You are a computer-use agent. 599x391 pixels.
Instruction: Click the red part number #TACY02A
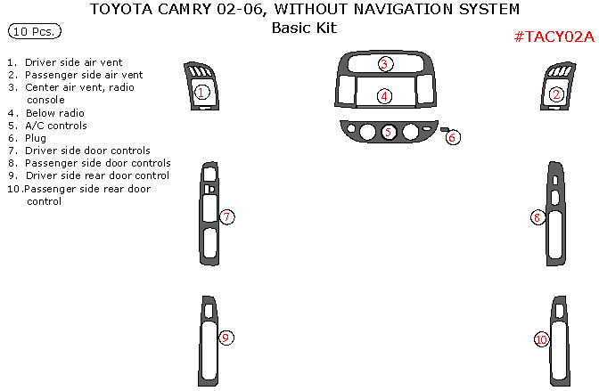[x=553, y=37]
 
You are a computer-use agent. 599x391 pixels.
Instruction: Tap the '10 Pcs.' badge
[x=35, y=31]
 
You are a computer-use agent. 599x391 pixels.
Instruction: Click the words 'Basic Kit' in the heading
[x=304, y=28]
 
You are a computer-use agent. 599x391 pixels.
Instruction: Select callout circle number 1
[x=202, y=92]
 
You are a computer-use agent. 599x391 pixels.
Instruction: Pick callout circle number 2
[x=556, y=94]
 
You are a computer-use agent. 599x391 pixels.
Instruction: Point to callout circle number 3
[x=384, y=64]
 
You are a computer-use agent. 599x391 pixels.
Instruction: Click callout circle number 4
[x=384, y=95]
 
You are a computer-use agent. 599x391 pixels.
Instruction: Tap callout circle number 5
[x=389, y=132]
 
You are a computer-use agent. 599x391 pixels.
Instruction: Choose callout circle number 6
[x=453, y=137]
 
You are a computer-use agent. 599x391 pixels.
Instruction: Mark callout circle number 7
[x=227, y=216]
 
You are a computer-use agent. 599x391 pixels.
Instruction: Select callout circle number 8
[x=537, y=217]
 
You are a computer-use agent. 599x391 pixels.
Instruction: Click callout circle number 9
[x=226, y=338]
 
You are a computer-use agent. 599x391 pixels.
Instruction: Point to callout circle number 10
[x=541, y=339]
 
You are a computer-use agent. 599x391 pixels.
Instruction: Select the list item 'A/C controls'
[x=55, y=126]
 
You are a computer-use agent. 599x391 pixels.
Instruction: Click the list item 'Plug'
[x=36, y=138]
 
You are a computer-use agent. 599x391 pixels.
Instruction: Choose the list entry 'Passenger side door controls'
[x=97, y=163]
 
